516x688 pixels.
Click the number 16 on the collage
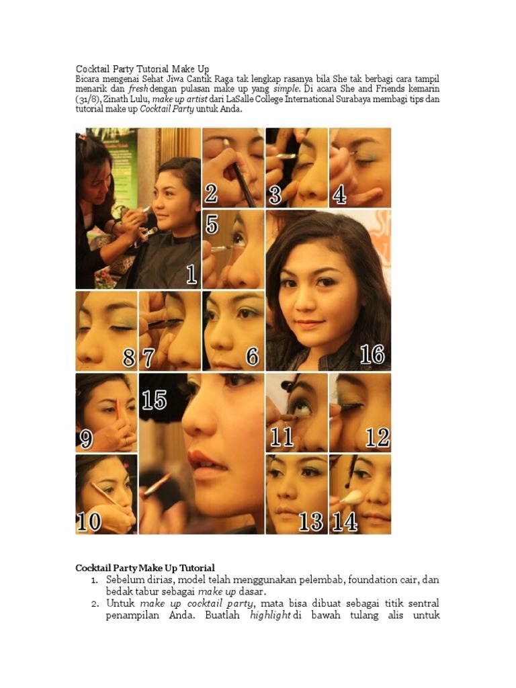[x=372, y=355]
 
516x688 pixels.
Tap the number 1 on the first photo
[x=191, y=275]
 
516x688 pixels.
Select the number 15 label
[x=154, y=400]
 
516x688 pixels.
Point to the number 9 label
[x=86, y=439]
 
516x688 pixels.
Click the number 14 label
[x=345, y=521]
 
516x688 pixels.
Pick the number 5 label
[x=212, y=224]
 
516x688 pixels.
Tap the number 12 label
[x=377, y=437]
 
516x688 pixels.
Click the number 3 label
[x=275, y=195]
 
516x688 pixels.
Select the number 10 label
[x=89, y=522]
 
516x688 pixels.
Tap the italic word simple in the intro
[x=286, y=89]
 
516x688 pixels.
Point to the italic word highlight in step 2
[x=270, y=615]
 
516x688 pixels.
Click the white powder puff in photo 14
[x=353, y=497]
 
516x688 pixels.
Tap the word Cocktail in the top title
[x=91, y=69]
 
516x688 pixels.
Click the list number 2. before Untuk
[x=95, y=604]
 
